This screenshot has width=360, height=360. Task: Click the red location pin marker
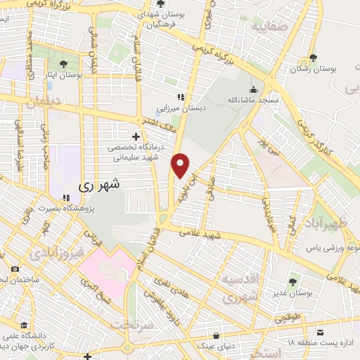coord(181,165)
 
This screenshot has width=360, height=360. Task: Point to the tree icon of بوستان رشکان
coord(313,59)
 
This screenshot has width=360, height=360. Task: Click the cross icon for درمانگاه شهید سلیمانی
coord(135,136)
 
